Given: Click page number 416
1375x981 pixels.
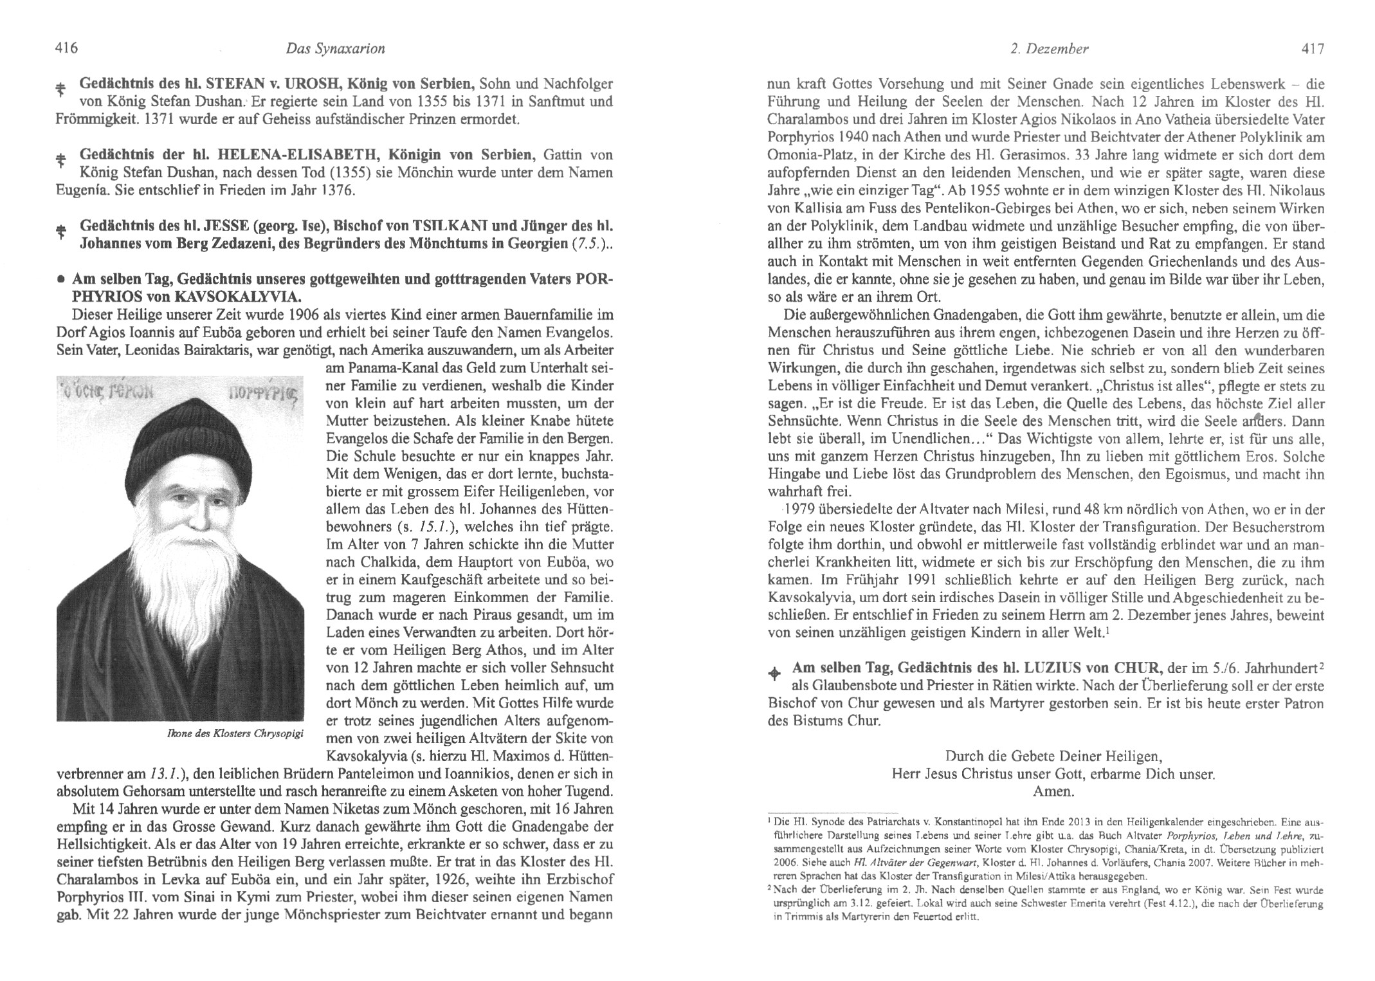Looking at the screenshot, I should pyautogui.click(x=67, y=49).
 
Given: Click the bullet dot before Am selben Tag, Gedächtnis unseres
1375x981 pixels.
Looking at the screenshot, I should pyautogui.click(x=61, y=282).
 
